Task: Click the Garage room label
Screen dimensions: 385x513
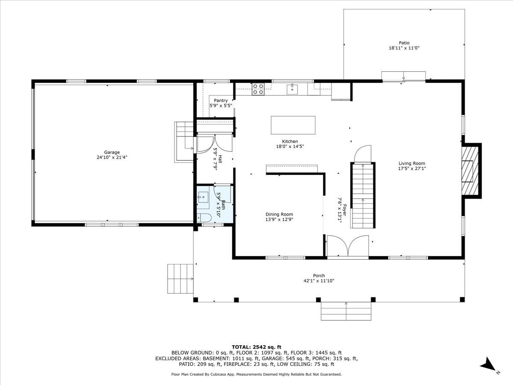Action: pos(112,152)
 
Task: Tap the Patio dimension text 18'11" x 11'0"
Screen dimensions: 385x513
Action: pos(404,48)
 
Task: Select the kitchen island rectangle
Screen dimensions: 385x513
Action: pos(293,125)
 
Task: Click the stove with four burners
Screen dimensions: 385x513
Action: pos(258,89)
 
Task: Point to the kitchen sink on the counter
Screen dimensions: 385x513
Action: pos(293,89)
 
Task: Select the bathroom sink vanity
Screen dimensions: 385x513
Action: pos(203,197)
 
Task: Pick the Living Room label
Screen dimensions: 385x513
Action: pos(412,163)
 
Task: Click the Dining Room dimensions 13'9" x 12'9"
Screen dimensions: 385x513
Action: pos(279,219)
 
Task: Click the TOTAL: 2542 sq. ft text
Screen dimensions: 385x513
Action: pos(256,346)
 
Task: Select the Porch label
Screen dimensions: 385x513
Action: pos(318,275)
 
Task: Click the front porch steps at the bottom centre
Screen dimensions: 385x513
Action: pos(346,311)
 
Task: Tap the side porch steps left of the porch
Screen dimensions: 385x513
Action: pos(180,278)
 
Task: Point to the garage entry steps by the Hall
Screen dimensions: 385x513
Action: pos(185,142)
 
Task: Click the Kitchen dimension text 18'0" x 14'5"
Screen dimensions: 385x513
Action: pos(289,146)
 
